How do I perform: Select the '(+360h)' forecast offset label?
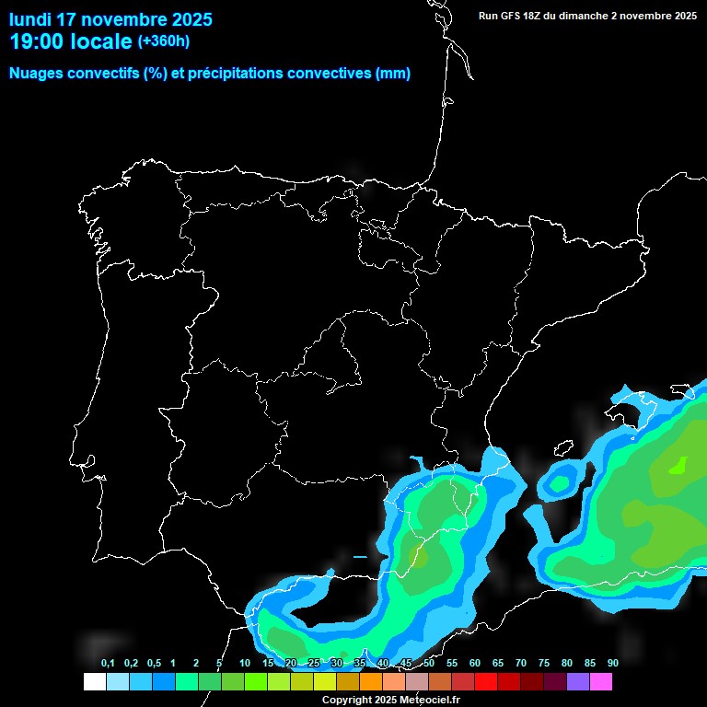(163, 41)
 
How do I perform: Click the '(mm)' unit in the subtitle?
(393, 74)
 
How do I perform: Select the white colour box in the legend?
(94, 682)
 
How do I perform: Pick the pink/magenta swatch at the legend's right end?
(600, 682)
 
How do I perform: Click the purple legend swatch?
(577, 682)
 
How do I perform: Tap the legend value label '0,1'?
(108, 663)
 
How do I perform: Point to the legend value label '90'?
(612, 663)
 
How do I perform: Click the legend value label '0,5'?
(154, 663)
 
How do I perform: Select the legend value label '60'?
(475, 663)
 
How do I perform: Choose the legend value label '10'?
(245, 663)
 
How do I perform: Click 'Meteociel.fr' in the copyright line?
(430, 700)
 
